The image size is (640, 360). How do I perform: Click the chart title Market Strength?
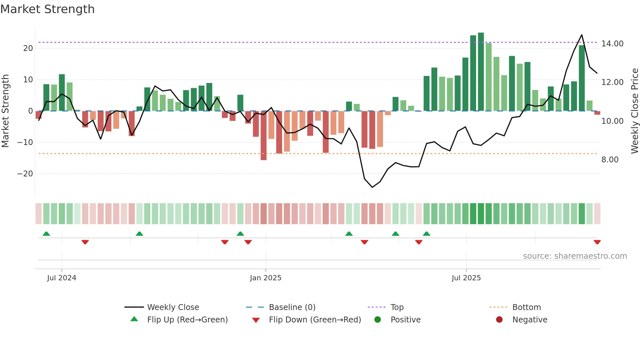(x=47, y=9)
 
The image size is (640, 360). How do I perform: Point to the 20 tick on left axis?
(x=28, y=48)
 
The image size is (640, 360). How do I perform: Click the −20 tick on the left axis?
(x=25, y=174)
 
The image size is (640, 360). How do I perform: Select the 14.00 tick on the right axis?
(x=612, y=44)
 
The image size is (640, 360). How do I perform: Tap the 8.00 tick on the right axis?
(x=610, y=160)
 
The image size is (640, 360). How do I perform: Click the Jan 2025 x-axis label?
(x=265, y=278)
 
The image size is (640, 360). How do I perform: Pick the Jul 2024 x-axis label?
(x=61, y=278)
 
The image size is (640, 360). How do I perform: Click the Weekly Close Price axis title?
(x=634, y=111)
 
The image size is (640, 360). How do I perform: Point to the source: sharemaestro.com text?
(x=575, y=256)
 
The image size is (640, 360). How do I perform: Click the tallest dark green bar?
(x=481, y=72)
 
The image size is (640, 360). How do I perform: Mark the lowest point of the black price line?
(x=372, y=187)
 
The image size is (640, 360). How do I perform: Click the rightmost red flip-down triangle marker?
(x=597, y=242)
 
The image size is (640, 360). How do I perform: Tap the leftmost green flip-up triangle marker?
(x=46, y=234)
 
